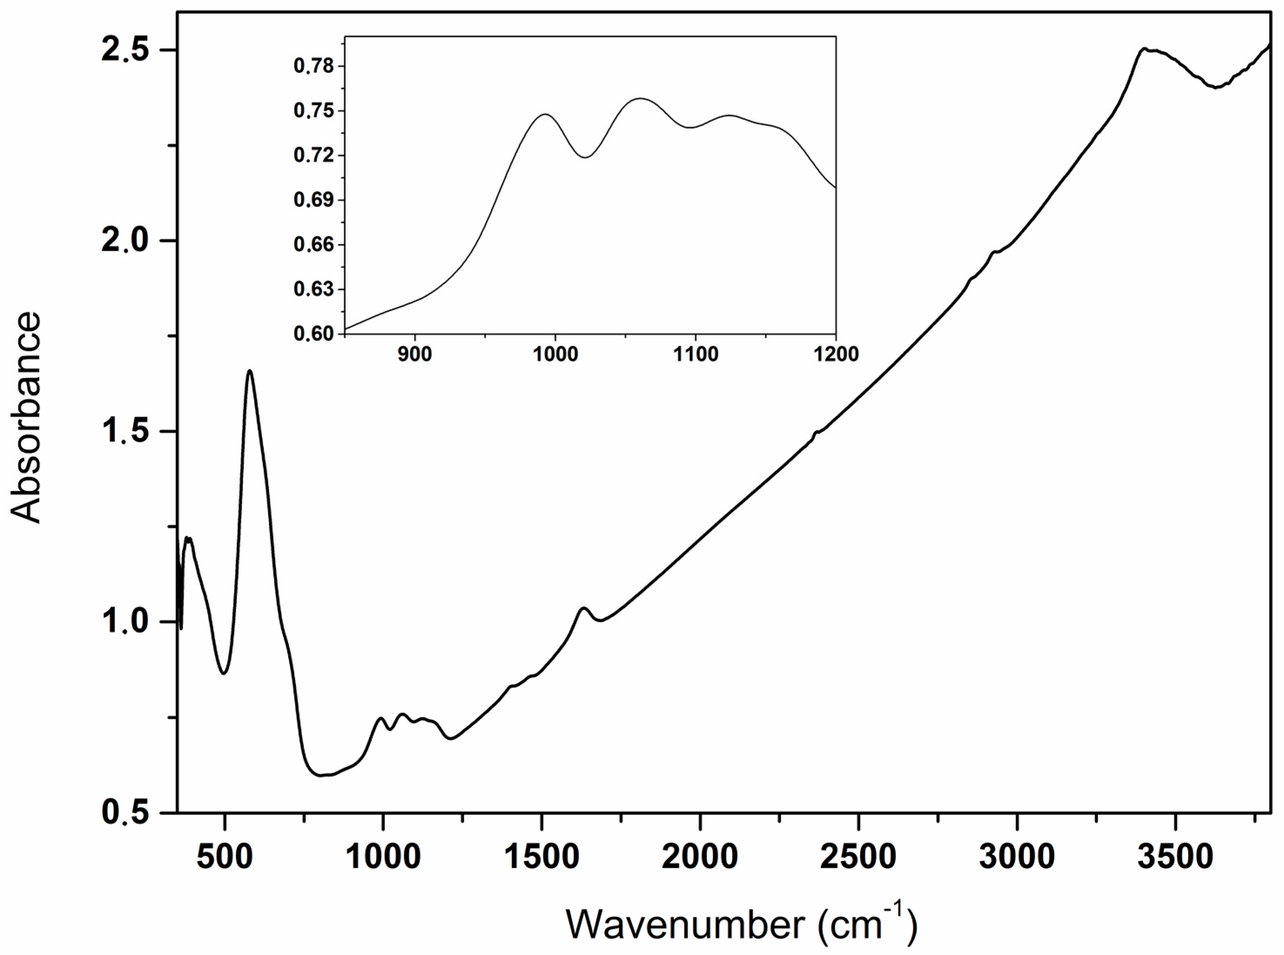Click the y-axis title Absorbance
[26, 418]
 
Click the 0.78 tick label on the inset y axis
[314, 67]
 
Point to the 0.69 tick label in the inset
[314, 200]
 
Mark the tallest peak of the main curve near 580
[250, 371]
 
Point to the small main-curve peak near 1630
[583, 608]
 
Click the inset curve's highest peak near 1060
[640, 98]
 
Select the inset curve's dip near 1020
[585, 157]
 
